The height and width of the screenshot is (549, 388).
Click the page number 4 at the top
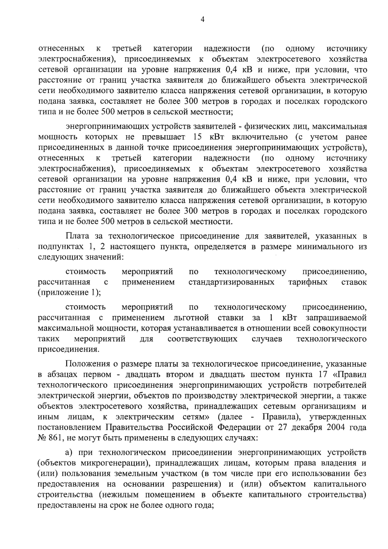202,20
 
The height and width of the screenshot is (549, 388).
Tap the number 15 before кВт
197,137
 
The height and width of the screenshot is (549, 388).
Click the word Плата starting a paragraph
77,236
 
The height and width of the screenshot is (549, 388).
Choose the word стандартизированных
231,282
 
